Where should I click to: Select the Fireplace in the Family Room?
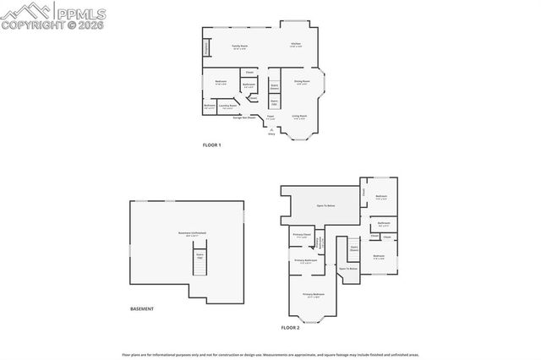(206, 49)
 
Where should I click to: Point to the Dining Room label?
(302, 82)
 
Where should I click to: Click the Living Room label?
(299, 117)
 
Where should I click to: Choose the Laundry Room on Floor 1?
(227, 107)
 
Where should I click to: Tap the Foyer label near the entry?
(271, 117)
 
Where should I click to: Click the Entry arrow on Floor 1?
(271, 132)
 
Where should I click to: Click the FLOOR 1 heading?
(211, 145)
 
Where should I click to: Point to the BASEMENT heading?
(142, 308)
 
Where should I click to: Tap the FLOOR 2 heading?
(290, 327)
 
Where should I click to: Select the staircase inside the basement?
(200, 265)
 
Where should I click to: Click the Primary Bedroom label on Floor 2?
(314, 296)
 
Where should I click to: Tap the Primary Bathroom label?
(305, 261)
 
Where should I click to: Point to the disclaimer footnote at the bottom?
(270, 355)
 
